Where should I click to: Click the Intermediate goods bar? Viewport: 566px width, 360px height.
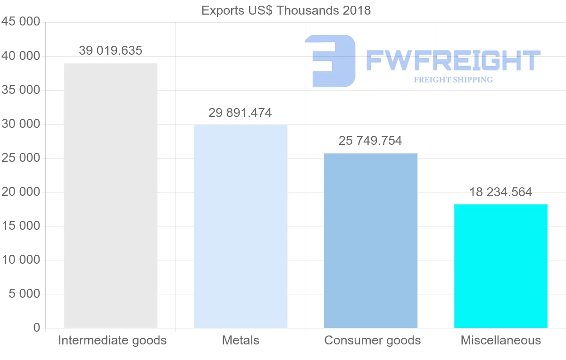click(110, 195)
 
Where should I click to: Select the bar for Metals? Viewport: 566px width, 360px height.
click(241, 226)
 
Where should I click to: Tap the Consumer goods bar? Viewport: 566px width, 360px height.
click(371, 241)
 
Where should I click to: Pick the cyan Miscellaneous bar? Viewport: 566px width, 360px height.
click(500, 266)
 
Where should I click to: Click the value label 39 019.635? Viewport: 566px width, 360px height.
click(110, 51)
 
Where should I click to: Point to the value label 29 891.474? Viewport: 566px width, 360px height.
click(240, 113)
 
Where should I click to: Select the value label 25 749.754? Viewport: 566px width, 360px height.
click(370, 141)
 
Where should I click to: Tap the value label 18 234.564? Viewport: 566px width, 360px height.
click(500, 192)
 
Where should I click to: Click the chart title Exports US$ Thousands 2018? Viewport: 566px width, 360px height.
click(286, 10)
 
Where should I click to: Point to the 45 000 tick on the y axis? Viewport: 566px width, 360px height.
click(21, 22)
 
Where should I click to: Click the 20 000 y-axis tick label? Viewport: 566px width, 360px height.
click(21, 192)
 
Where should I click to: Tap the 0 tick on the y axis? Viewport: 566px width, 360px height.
click(37, 328)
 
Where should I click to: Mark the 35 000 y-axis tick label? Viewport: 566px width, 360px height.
click(21, 90)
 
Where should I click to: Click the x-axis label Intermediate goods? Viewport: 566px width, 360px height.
click(112, 340)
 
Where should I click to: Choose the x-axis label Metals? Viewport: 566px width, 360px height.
click(241, 340)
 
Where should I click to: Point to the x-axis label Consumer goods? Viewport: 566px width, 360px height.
click(373, 340)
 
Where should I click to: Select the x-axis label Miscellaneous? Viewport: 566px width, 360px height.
click(501, 340)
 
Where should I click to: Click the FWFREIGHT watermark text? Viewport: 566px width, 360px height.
click(453, 60)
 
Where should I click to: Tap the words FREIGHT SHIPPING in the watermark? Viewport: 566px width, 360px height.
click(453, 80)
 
